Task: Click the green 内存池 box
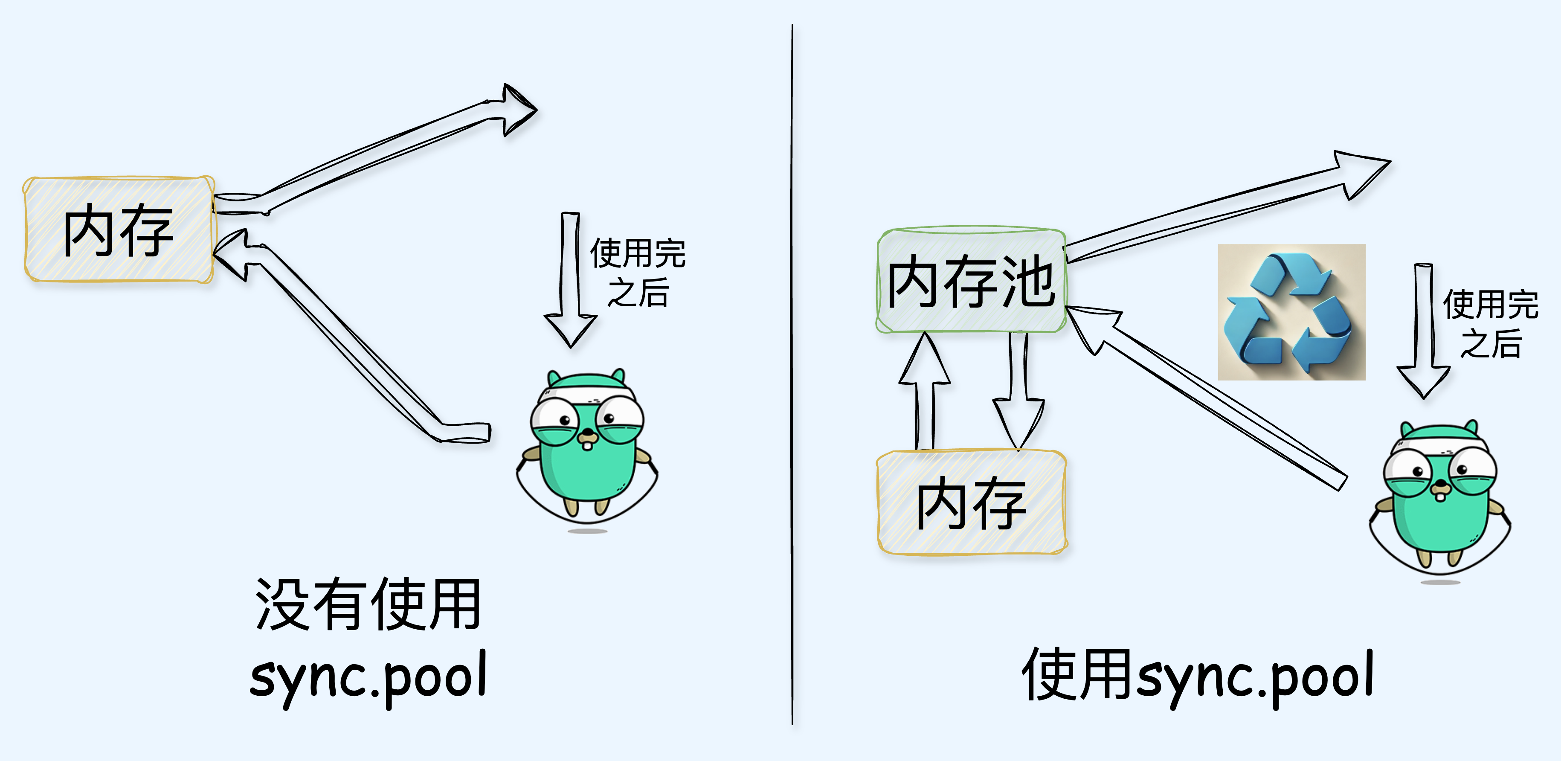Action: click(971, 281)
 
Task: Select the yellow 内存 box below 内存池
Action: click(972, 502)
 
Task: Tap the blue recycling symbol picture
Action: click(1291, 312)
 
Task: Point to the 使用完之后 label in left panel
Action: click(638, 273)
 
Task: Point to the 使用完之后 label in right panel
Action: click(1490, 324)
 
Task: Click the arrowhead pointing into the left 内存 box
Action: click(233, 255)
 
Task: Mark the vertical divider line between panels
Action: click(792, 376)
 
